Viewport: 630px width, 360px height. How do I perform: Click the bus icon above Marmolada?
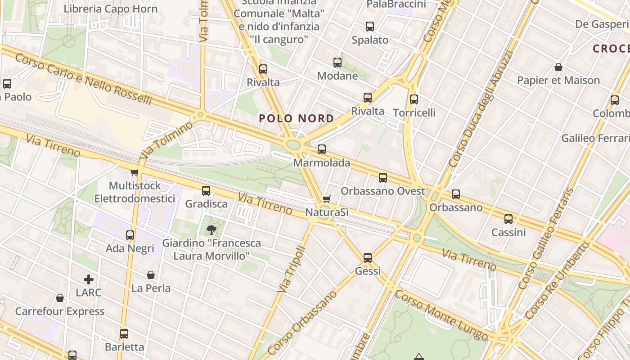[x=321, y=149]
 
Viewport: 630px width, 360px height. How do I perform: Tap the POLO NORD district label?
[x=297, y=119]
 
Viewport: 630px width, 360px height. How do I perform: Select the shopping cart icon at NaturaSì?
[x=327, y=199]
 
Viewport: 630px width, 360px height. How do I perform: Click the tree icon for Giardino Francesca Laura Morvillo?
[x=211, y=230]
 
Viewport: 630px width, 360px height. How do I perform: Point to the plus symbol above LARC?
[x=89, y=279]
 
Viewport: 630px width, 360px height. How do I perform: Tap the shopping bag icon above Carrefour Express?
[x=59, y=298]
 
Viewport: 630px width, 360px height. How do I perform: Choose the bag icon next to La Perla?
[x=151, y=275]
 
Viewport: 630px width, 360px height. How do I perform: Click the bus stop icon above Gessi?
[x=368, y=258]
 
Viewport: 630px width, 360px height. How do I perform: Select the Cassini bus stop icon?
[x=508, y=219]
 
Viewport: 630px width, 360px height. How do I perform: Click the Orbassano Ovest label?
[x=382, y=191]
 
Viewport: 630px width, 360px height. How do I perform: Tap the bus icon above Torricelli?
[x=414, y=99]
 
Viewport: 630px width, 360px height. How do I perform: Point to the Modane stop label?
[x=337, y=76]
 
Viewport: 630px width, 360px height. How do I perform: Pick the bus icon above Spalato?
[x=370, y=27]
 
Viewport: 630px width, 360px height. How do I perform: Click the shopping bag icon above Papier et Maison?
[x=558, y=67]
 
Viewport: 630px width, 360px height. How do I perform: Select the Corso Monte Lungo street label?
[x=441, y=315]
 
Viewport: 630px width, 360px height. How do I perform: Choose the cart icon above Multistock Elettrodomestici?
[x=134, y=172]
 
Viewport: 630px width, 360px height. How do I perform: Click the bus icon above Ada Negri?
[x=130, y=235]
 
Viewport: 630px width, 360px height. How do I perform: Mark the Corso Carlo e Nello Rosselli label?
[x=83, y=79]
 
